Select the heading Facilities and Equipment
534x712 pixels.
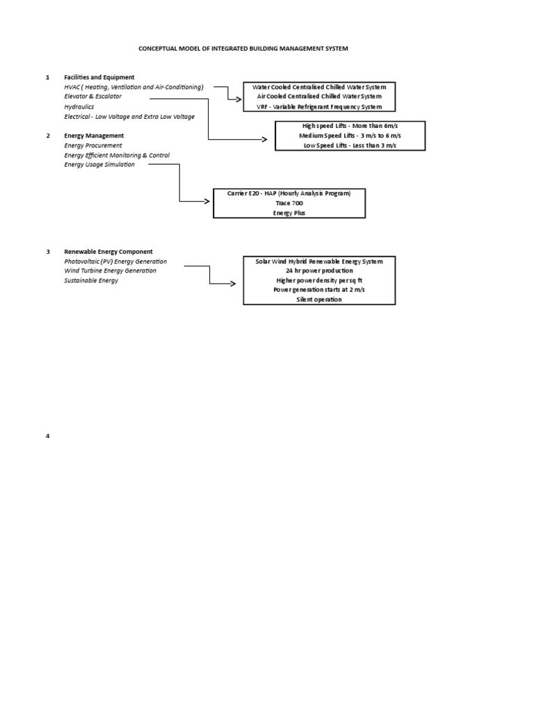[99, 77]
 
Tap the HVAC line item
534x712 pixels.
[133, 87]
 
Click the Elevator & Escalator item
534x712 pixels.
[92, 97]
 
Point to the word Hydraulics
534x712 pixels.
[80, 107]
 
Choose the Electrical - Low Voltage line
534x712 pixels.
[129, 117]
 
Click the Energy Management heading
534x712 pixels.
[94, 136]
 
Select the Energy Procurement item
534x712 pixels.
[92, 145]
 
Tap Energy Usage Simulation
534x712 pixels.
[99, 165]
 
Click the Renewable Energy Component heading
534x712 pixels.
[108, 252]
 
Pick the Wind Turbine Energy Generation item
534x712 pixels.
[110, 270]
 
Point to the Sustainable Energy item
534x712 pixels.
[91, 280]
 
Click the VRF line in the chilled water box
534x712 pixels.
[319, 107]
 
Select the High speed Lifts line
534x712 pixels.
[350, 125]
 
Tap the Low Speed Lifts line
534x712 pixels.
[350, 145]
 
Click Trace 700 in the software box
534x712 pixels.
[289, 203]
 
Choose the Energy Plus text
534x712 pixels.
[289, 213]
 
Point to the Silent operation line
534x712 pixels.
[319, 299]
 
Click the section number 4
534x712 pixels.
[48, 436]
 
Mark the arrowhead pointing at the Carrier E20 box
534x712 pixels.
[207, 202]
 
